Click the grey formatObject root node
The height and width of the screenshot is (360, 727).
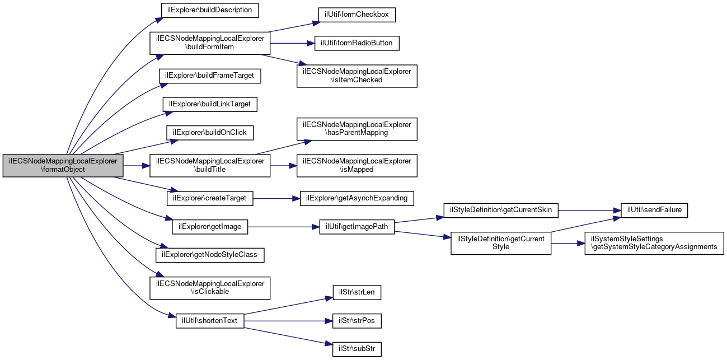[x=63, y=166]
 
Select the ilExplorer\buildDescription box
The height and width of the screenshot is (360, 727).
[x=210, y=11]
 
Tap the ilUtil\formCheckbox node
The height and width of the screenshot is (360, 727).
[x=357, y=15]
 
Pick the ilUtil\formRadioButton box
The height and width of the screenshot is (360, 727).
[x=357, y=43]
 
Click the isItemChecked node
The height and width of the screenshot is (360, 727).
[x=357, y=76]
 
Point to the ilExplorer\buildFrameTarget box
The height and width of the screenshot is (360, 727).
[x=210, y=76]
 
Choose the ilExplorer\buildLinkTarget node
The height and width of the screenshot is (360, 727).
[x=210, y=104]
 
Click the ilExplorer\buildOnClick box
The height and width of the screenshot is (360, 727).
[x=210, y=133]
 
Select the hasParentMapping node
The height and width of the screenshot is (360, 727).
[x=357, y=129]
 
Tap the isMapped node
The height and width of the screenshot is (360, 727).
[x=357, y=166]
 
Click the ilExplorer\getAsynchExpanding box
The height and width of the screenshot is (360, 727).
[x=357, y=198]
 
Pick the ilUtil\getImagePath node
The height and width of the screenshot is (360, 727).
[x=357, y=227]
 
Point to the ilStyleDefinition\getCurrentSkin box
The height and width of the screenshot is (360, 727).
[x=501, y=211]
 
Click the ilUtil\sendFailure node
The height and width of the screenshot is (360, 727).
[x=654, y=211]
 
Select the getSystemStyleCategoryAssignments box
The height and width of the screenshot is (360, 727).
[x=654, y=243]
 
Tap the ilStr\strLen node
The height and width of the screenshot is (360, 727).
[x=357, y=292]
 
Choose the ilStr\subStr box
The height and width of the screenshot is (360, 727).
[x=357, y=349]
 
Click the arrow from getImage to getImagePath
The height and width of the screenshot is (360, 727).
[x=284, y=227]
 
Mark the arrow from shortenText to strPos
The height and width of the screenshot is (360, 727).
[x=288, y=321]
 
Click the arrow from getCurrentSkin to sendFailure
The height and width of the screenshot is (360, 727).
[x=589, y=211]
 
